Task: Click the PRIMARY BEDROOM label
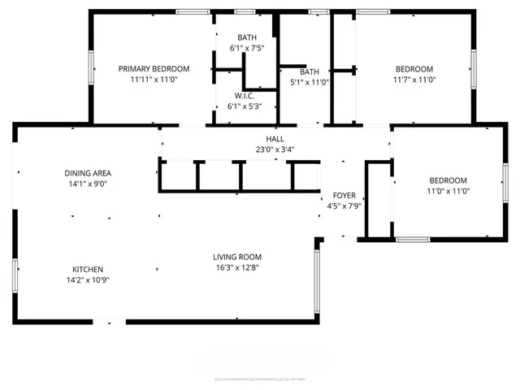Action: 154,69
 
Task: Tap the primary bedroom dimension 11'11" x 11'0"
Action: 154,80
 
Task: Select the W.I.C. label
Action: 245,95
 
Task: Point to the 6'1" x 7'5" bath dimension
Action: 245,49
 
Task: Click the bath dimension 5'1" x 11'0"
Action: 309,82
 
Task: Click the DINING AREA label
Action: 88,173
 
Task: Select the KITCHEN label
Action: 88,269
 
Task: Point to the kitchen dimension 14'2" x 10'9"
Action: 88,279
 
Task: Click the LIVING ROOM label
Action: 237,257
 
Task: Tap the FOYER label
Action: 344,196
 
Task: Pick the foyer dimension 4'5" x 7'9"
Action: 344,206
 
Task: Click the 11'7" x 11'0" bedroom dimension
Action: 414,80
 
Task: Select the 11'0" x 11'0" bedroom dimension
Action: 448,191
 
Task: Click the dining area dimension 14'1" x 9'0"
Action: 88,184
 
